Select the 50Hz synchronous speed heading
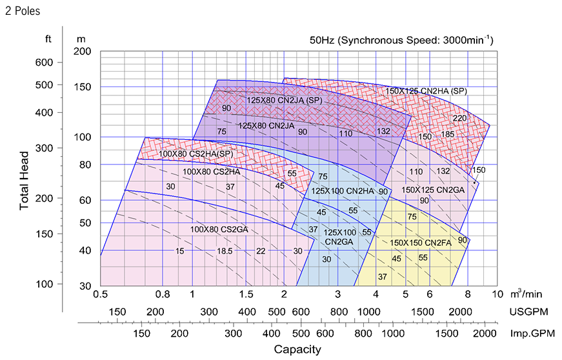click(401, 40)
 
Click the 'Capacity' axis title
click(297, 350)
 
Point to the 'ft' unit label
click(48, 39)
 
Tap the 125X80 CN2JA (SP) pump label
click(285, 101)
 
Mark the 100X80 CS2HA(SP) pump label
click(196, 154)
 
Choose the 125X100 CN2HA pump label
click(343, 191)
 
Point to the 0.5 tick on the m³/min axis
click(100, 294)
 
